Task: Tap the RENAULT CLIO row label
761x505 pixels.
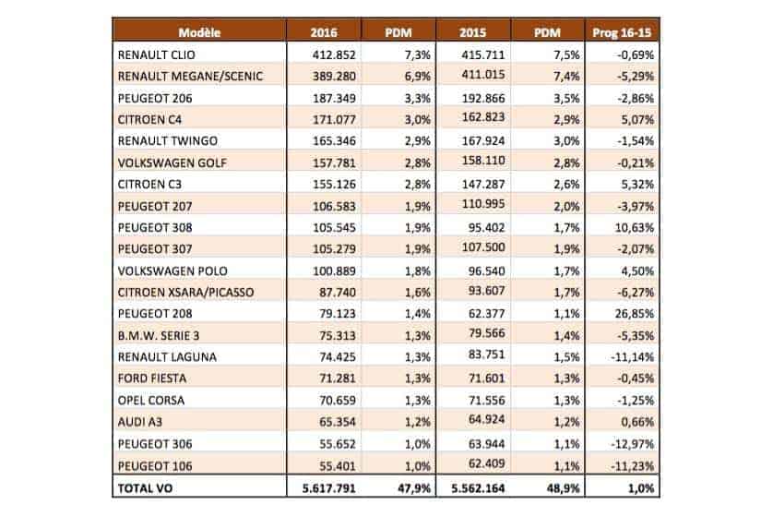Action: click(x=155, y=55)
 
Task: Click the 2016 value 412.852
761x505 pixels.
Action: click(x=335, y=55)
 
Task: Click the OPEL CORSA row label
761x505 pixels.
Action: click(x=151, y=400)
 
